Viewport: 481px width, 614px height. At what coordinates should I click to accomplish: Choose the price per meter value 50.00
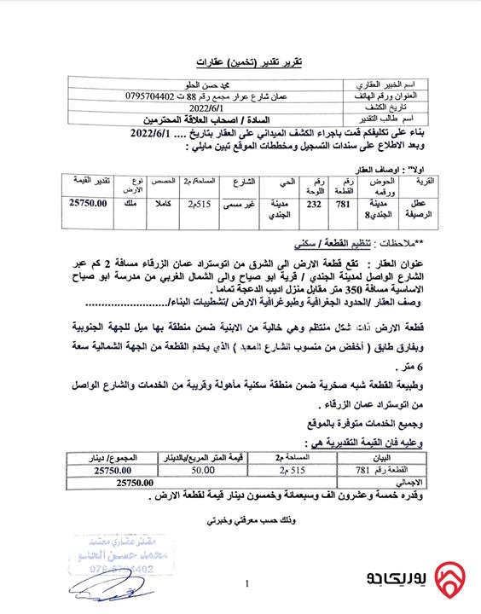(x=202, y=470)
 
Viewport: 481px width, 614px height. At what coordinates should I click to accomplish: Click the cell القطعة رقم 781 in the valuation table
(x=375, y=470)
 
